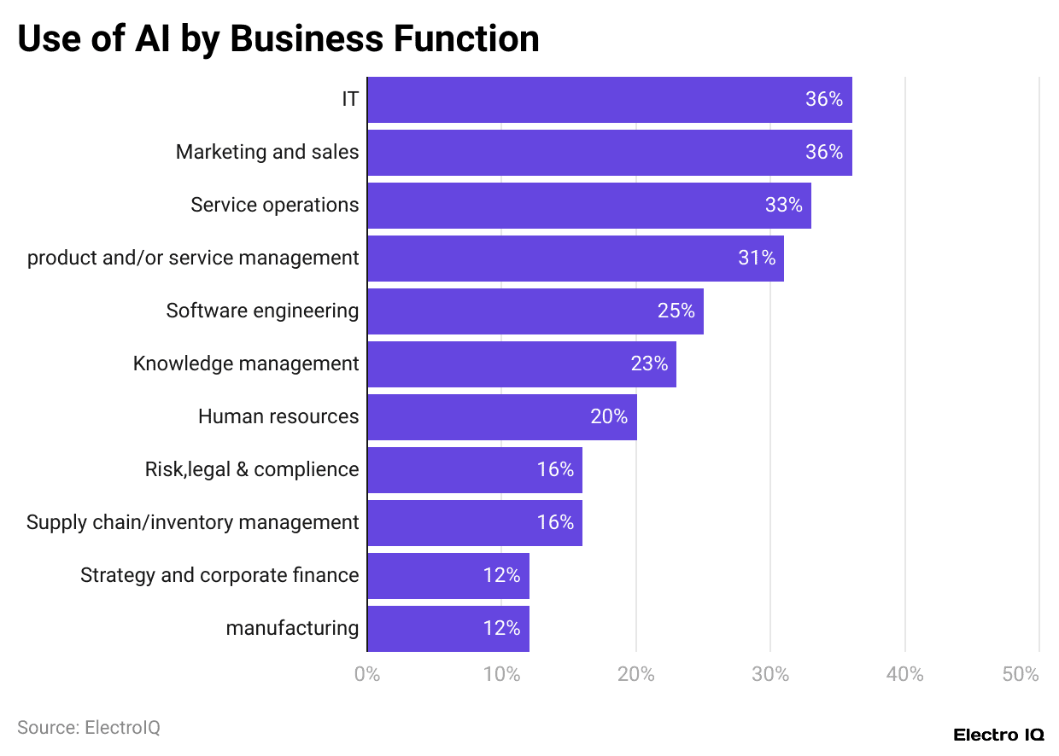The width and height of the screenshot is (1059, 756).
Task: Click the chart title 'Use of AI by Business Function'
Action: [x=278, y=39]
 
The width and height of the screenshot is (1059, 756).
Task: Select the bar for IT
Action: [x=609, y=100]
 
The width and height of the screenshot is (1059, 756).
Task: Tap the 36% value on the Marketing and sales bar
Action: [x=823, y=152]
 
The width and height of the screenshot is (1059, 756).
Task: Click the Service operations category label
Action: [x=274, y=205]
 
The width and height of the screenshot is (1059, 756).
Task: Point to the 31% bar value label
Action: [x=756, y=258]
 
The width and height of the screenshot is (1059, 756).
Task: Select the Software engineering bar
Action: [x=535, y=311]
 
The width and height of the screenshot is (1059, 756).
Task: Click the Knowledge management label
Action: [x=246, y=363]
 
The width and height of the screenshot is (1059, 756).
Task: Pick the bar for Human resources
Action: [x=501, y=416]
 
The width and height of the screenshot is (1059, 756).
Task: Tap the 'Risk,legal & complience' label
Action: [x=252, y=469]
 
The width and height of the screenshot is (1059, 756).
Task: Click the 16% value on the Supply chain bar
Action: [x=555, y=522]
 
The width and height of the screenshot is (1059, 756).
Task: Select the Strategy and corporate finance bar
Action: [x=448, y=575]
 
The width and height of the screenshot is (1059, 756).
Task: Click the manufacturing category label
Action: [x=292, y=628]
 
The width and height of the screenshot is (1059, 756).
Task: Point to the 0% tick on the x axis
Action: [x=367, y=674]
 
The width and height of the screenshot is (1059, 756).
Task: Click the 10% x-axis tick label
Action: [x=501, y=674]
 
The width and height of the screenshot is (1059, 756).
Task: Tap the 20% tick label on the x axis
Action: [x=635, y=674]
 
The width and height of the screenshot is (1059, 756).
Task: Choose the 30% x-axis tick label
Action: [x=770, y=674]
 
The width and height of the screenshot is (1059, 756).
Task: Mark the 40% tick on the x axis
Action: [x=904, y=674]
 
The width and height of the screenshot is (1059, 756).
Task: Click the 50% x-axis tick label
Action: [x=1021, y=674]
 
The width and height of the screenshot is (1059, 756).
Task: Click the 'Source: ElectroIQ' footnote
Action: [x=89, y=728]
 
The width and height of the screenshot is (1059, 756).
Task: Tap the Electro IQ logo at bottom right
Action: [x=998, y=735]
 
